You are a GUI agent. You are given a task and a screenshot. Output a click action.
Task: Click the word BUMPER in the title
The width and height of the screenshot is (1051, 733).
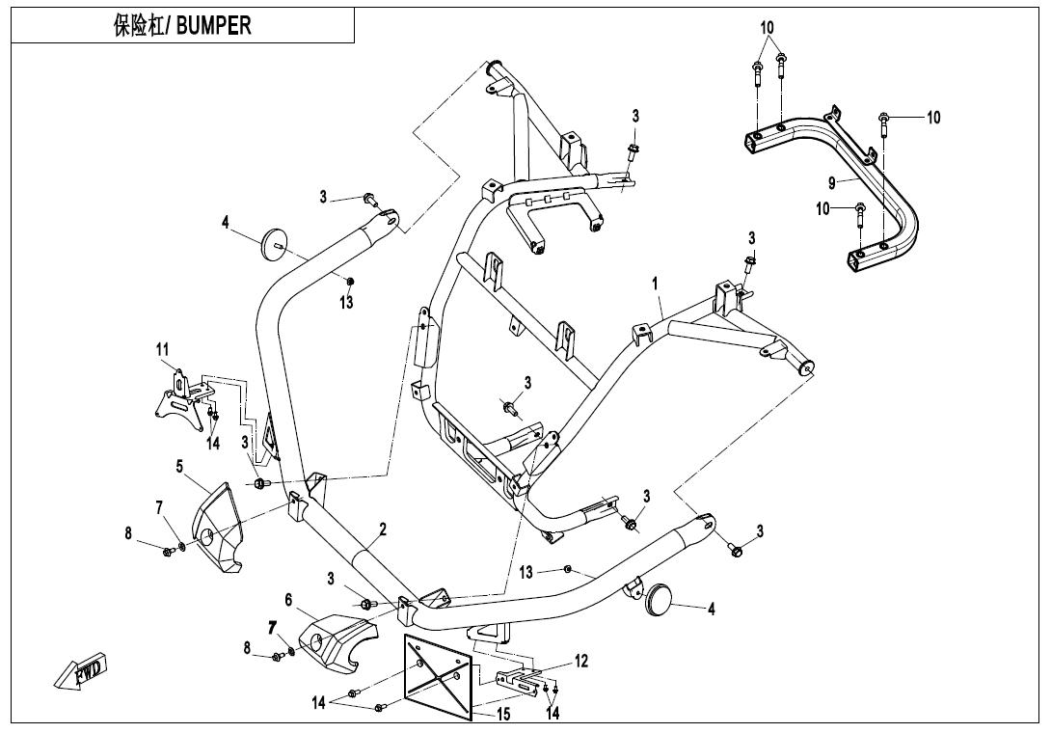click(x=214, y=25)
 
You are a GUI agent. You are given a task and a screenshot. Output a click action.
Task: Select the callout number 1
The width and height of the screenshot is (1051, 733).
click(x=655, y=284)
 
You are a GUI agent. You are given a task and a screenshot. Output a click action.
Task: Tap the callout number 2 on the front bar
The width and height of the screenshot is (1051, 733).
click(x=383, y=529)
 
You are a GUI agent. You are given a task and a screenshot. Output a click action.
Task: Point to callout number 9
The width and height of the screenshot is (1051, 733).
click(x=832, y=182)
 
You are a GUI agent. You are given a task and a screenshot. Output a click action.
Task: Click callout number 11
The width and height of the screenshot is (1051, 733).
click(x=162, y=349)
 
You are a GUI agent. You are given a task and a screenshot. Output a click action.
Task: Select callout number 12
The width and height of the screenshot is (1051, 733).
click(x=581, y=662)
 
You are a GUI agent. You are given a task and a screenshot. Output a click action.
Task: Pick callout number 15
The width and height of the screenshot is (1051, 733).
click(x=502, y=715)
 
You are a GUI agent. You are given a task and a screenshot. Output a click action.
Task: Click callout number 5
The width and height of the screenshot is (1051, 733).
click(x=179, y=466)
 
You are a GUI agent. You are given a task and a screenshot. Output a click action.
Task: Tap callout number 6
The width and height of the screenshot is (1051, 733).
click(x=288, y=599)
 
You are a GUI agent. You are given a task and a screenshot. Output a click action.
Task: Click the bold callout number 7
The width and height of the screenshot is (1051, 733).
click(x=272, y=628)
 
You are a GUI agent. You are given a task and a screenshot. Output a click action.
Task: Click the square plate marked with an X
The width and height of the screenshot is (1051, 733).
click(x=438, y=677)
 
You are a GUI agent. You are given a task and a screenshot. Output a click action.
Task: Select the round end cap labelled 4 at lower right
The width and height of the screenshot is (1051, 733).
click(x=658, y=598)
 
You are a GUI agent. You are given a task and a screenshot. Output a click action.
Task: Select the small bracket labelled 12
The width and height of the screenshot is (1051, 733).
click(x=520, y=681)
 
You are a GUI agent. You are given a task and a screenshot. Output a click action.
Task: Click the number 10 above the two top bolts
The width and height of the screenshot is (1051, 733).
click(x=767, y=28)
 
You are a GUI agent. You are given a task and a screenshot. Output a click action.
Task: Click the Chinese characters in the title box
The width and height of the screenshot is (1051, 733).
click(x=138, y=25)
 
